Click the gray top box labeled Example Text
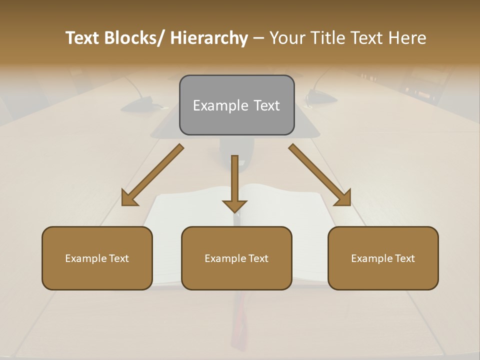236,105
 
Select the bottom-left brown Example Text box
97,258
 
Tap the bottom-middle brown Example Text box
236,258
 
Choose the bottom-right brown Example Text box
383,258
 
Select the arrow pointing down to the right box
320,175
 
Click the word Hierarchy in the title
209,38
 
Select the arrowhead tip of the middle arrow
234,211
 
